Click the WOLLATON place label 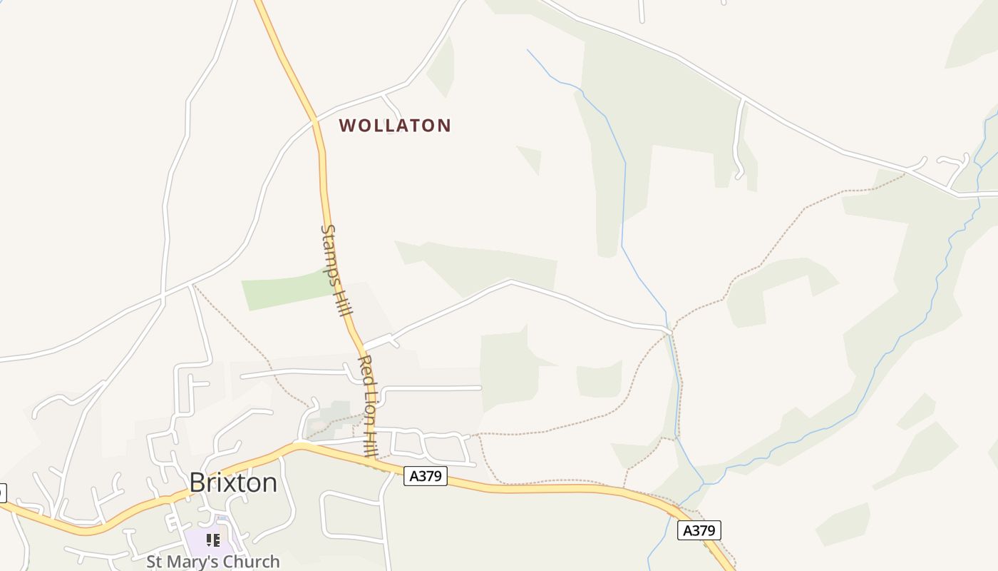tap(395, 126)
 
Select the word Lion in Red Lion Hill tap(369, 407)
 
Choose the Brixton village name tap(233, 483)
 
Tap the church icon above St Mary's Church tap(212, 540)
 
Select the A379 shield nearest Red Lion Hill tap(426, 476)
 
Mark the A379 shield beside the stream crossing tap(699, 530)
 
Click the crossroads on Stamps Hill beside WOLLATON tap(314, 121)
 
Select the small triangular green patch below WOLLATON tap(530, 158)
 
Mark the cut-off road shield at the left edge tap(2, 492)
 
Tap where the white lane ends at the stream tap(669, 330)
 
